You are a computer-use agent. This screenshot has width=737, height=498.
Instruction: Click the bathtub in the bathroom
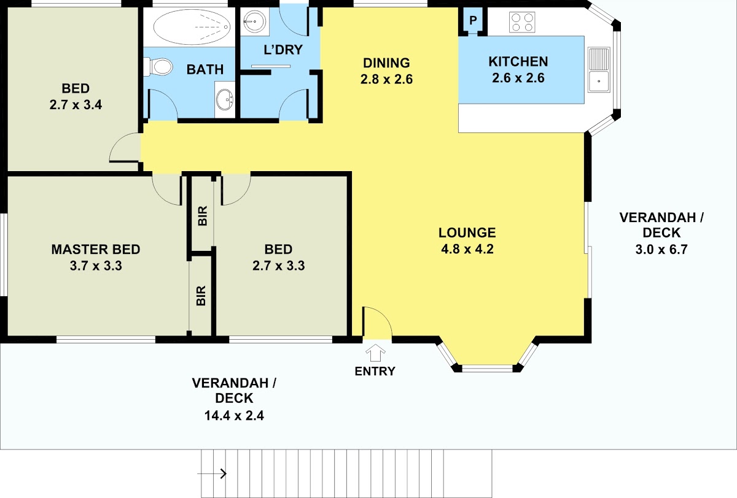(192, 27)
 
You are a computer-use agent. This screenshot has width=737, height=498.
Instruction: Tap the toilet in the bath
(158, 67)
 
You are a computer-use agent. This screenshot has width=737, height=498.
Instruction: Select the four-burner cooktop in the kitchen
(522, 22)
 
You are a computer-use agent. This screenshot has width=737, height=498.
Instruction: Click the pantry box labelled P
(473, 20)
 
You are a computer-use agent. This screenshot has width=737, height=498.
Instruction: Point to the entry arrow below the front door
(375, 353)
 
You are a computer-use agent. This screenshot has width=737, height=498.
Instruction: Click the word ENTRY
(375, 371)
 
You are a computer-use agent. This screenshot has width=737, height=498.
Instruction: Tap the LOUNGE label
(467, 232)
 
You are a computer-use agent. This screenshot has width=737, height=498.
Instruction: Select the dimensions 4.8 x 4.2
(467, 249)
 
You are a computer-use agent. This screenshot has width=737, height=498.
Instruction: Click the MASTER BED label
(96, 250)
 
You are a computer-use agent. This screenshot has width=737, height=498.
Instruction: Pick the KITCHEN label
(518, 61)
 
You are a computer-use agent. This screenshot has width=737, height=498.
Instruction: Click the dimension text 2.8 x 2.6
(386, 79)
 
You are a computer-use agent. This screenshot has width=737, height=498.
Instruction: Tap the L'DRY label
(283, 50)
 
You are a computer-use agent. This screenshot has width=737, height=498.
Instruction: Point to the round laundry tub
(255, 21)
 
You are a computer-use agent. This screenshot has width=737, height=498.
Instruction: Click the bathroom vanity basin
(225, 99)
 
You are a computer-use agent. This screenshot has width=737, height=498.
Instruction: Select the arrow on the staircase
(213, 473)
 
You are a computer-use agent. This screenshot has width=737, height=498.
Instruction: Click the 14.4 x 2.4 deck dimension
(234, 416)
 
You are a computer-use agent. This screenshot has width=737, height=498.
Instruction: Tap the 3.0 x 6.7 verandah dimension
(661, 250)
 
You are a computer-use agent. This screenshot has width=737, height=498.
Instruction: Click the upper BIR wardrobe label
(203, 216)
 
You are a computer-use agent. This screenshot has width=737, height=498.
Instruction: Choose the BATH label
(205, 69)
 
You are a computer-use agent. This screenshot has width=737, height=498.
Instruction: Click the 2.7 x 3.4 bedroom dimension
(76, 105)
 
